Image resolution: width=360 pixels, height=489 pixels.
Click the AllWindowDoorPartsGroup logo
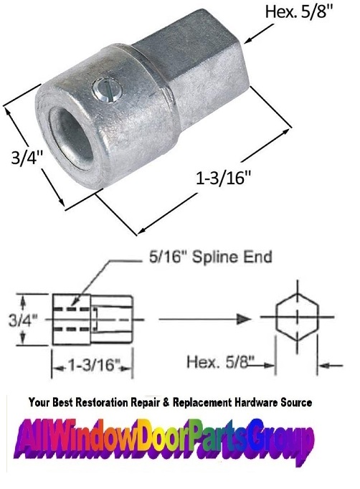click(179, 438)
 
